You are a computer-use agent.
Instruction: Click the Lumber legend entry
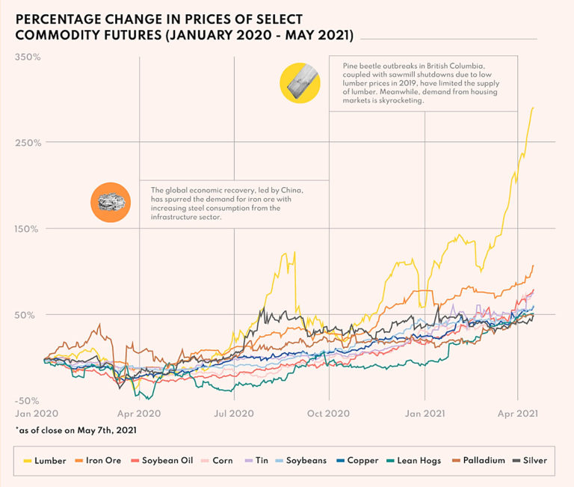(45, 460)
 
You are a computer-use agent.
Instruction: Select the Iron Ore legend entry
(99, 460)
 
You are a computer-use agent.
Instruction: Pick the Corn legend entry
(217, 460)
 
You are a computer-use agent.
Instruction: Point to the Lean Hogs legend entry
(417, 460)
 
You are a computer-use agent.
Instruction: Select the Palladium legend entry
(478, 460)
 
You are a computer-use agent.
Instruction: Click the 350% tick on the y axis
(28, 57)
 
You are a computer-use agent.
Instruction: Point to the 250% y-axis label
(28, 142)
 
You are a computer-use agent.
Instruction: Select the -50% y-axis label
(28, 400)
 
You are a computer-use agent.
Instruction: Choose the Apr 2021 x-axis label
(518, 412)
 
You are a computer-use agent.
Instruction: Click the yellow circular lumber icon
(300, 82)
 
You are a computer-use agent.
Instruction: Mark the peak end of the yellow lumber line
(533, 108)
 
